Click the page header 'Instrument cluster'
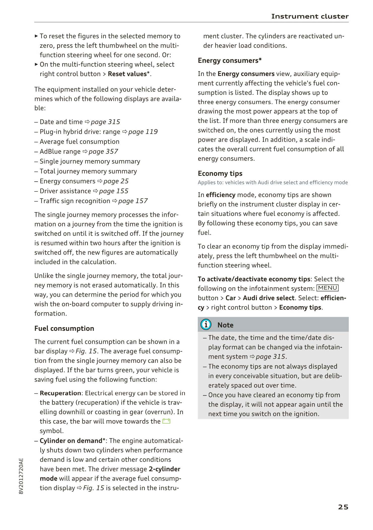tap(310, 16)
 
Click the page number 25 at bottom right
tap(343, 507)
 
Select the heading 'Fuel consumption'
tap(64, 328)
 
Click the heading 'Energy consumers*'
tap(230, 61)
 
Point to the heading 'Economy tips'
tap(220, 174)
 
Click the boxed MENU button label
tap(327, 288)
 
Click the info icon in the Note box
tap(206, 324)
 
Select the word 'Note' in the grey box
tap(225, 325)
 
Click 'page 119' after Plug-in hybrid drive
tap(143, 132)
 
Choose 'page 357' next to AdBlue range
tap(103, 151)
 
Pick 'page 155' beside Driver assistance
tap(114, 191)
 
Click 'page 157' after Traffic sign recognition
tap(133, 201)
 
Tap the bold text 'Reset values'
tap(127, 74)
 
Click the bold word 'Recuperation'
tap(60, 393)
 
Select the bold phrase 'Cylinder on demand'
tap(71, 440)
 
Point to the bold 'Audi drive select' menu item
tap(268, 298)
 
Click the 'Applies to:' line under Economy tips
tap(273, 182)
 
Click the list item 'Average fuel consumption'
tap(80, 142)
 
